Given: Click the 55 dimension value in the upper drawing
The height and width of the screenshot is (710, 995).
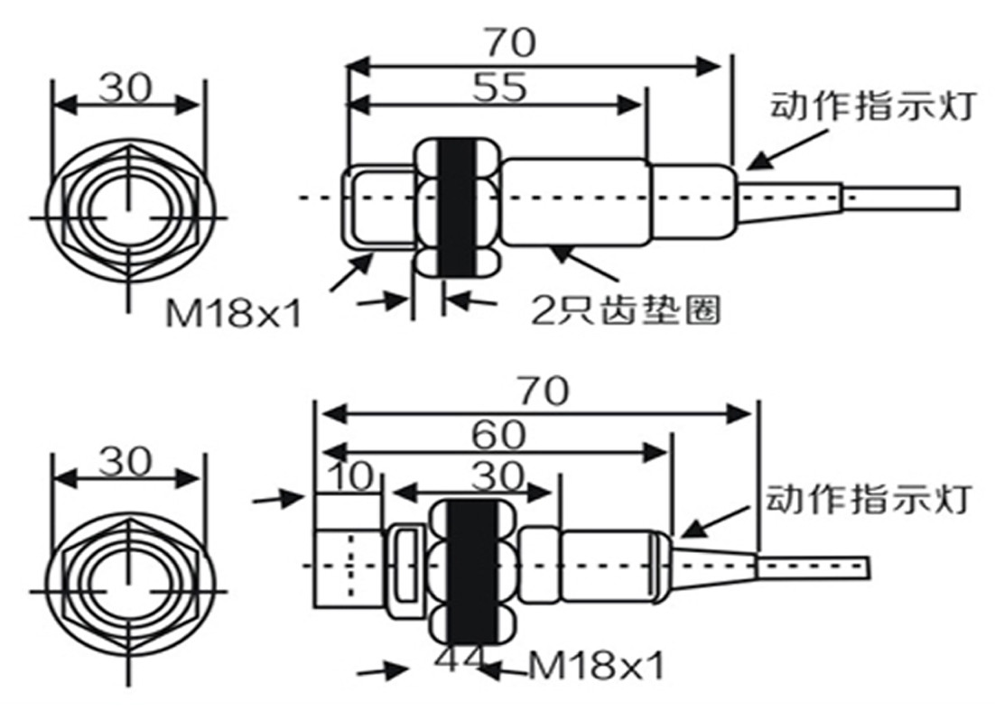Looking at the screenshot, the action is click(x=499, y=88).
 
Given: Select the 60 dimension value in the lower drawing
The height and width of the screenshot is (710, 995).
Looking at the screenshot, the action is click(x=498, y=435).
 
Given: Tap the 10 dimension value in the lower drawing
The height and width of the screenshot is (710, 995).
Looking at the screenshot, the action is click(x=352, y=476).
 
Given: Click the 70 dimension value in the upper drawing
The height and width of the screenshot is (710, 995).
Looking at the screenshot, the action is click(x=511, y=42).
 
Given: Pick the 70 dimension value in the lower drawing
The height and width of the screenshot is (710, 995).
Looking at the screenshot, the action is click(x=544, y=392).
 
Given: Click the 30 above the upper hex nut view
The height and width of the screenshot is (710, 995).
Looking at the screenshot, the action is click(x=126, y=88).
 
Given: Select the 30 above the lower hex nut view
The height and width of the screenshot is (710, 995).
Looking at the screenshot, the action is click(x=126, y=462).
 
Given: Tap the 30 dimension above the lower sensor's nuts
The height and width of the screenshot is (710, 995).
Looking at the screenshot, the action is click(x=499, y=476).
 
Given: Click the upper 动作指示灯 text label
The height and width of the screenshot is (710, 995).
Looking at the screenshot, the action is click(x=872, y=106).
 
